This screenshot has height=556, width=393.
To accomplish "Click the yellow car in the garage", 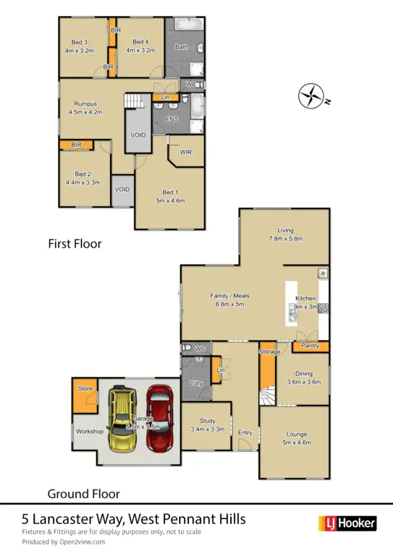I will click(125, 419).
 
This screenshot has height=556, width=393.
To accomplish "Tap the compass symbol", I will click(311, 96).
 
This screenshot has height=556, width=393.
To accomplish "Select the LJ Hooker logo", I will click(347, 523).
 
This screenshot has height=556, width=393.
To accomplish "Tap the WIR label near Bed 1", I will click(185, 152).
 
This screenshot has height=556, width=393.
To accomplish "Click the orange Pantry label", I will click(310, 346).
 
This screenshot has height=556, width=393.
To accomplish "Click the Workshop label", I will click(90, 431).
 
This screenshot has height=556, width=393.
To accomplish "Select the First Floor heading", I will click(75, 244).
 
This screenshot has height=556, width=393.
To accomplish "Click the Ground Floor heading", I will click(83, 494).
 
